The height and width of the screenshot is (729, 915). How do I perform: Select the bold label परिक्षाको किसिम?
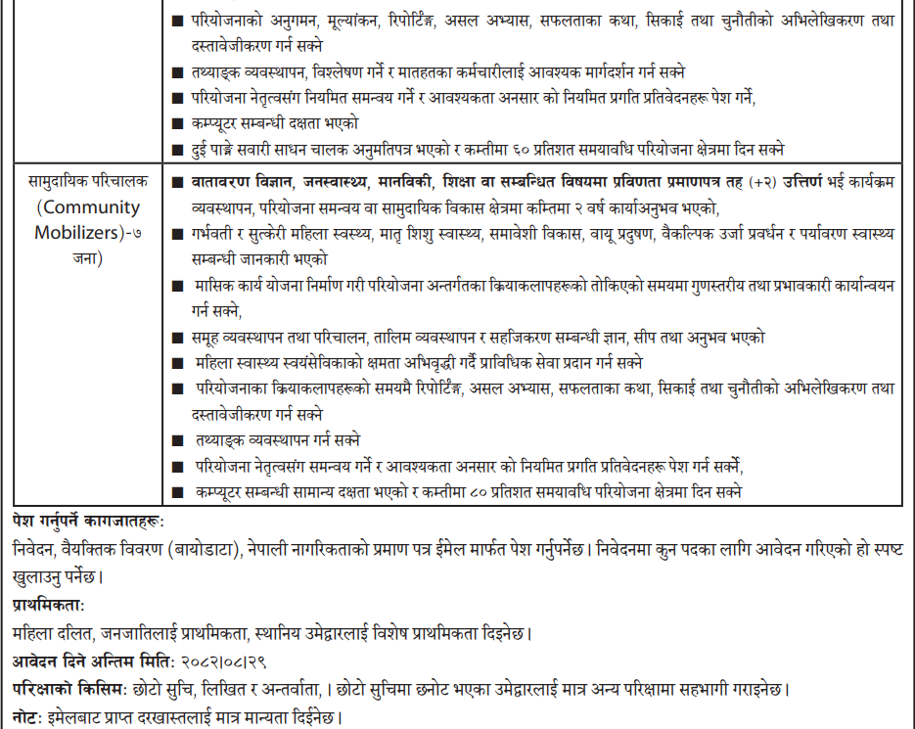(69, 689)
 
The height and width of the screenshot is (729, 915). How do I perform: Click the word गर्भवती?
(219, 234)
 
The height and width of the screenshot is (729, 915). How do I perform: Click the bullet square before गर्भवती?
(176, 235)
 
